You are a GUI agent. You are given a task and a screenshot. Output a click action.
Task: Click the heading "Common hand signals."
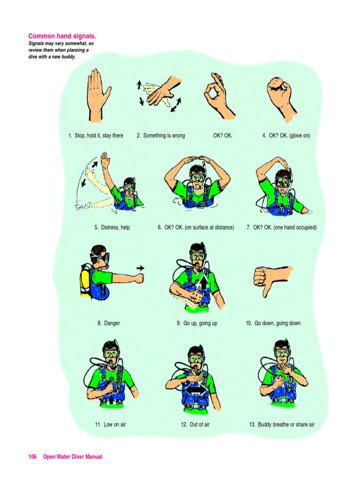pyautogui.click(x=66, y=36)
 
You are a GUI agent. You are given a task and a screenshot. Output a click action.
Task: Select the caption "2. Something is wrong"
pyautogui.click(x=161, y=136)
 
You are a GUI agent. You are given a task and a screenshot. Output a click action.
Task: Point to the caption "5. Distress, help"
pyautogui.click(x=112, y=228)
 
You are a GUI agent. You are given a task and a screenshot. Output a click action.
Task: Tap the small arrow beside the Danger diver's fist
pyautogui.click(x=140, y=268)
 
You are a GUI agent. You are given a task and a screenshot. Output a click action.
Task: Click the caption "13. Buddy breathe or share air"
pyautogui.click(x=282, y=425)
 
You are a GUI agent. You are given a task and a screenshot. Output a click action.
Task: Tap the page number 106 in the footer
pyautogui.click(x=32, y=457)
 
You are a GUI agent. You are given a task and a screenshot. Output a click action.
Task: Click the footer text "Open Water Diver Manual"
pyautogui.click(x=73, y=457)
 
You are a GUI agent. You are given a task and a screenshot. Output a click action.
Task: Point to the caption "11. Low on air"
pyautogui.click(x=110, y=425)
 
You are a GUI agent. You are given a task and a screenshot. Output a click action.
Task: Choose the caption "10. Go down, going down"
pyautogui.click(x=273, y=323)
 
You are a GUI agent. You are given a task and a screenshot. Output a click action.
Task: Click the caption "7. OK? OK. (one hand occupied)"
pyautogui.click(x=282, y=228)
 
